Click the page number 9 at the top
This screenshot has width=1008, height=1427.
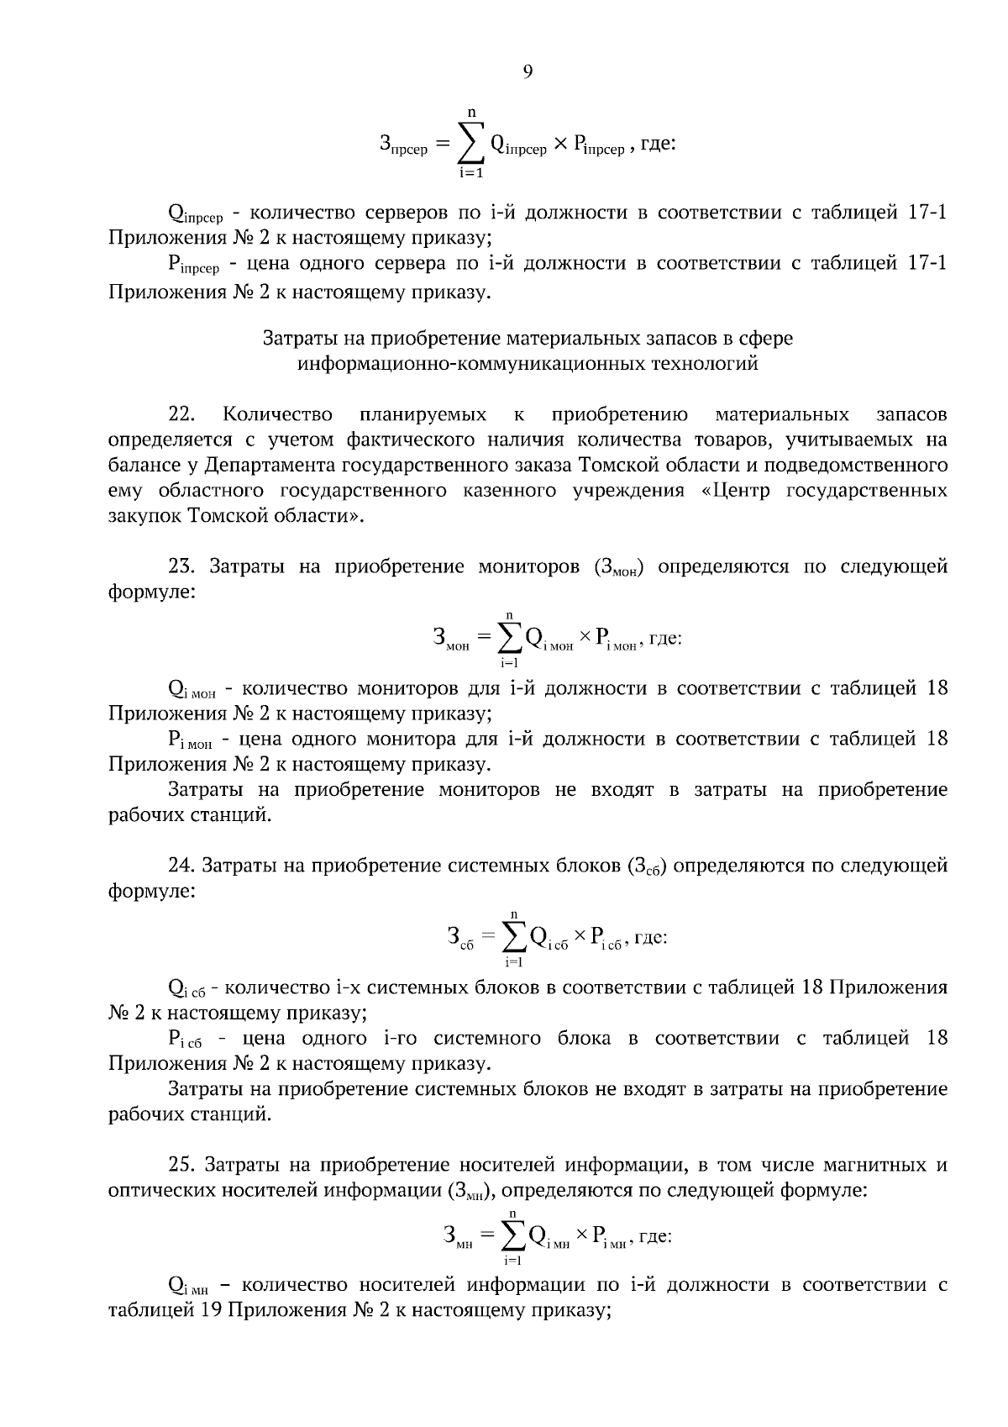[x=528, y=71]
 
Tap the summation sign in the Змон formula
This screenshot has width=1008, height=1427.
[x=508, y=639]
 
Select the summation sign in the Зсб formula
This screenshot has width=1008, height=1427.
[x=513, y=937]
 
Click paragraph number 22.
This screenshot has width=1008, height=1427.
[x=182, y=414]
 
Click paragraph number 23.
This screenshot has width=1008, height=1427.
[x=182, y=566]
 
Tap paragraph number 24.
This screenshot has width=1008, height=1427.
[x=181, y=866]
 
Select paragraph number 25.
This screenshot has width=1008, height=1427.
[x=182, y=1165]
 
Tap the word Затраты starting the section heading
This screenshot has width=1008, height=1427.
[x=298, y=339]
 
